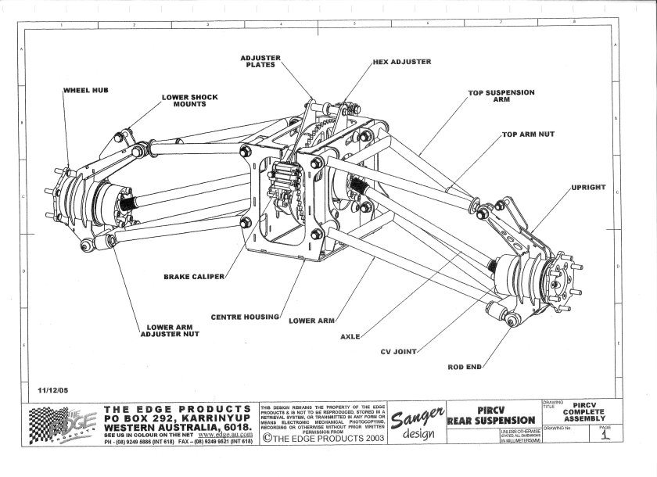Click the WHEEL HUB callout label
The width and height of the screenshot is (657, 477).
point(84,91)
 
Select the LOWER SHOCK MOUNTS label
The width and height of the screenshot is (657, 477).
point(189,102)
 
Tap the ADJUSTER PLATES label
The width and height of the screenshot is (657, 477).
point(261,61)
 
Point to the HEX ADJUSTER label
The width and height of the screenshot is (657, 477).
point(402,61)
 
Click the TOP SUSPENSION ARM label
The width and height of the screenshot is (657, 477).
point(501,96)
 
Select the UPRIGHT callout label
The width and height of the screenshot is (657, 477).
point(590,188)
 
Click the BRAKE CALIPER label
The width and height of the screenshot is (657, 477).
point(194,276)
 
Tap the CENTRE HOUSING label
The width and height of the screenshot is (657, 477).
point(246,317)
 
